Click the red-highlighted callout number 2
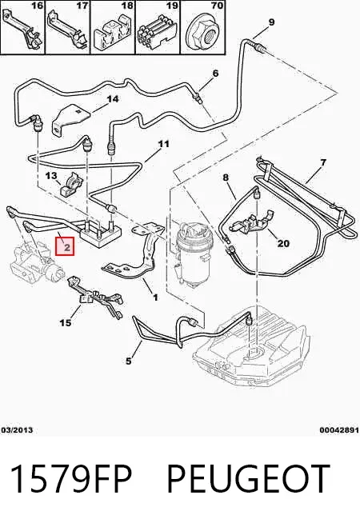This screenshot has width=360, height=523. click(66, 247)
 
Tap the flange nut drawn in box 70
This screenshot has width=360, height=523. click(203, 33)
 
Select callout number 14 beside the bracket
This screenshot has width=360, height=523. click(113, 99)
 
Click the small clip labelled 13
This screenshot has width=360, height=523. click(71, 186)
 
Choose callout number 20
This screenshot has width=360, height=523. click(283, 243)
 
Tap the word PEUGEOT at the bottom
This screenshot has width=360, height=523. click(248, 479)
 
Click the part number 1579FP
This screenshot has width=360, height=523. click(71, 479)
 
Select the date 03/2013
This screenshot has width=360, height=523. click(17, 430)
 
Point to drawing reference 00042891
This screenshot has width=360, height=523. click(339, 430)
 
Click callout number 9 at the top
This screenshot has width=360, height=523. click(271, 22)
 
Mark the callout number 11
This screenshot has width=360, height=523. click(163, 144)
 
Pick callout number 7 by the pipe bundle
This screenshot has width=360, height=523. click(322, 163)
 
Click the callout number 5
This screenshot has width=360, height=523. click(129, 361)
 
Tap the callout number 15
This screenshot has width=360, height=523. click(66, 322)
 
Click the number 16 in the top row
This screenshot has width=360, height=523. click(37, 6)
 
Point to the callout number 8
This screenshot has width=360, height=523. click(226, 178)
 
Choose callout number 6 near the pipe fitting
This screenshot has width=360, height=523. click(215, 73)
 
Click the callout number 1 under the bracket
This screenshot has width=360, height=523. click(155, 297)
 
